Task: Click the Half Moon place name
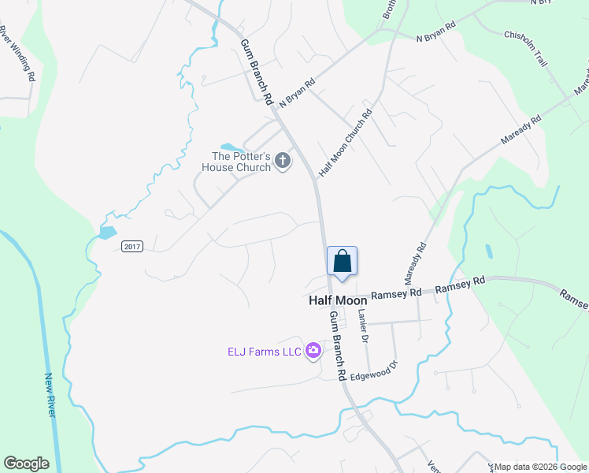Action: click(x=337, y=300)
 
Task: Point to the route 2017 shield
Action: click(x=132, y=247)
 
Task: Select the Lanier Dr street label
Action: click(x=363, y=325)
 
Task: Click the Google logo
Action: click(x=26, y=464)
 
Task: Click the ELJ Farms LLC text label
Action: click(x=265, y=352)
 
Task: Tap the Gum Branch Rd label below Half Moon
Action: click(x=337, y=347)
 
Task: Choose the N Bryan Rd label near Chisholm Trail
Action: click(x=436, y=32)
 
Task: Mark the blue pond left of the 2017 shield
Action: click(x=108, y=233)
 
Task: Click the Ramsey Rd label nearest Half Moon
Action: click(x=392, y=294)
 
